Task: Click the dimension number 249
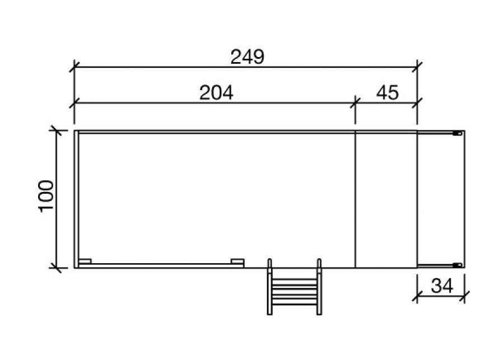[247, 57]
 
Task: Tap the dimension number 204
[216, 93]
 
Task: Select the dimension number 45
[388, 93]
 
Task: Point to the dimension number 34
[442, 286]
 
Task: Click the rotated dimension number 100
[46, 196]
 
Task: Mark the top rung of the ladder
[294, 279]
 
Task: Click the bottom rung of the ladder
[294, 303]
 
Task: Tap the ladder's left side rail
[270, 287]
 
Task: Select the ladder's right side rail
[319, 287]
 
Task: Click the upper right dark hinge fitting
[458, 133]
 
